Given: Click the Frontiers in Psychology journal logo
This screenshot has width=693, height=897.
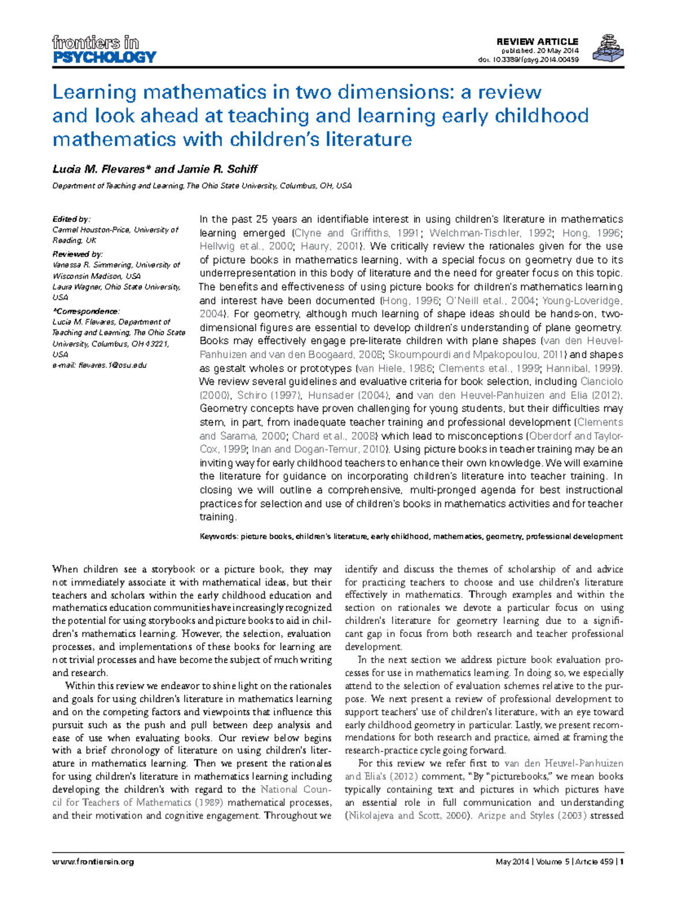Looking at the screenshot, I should [104, 50].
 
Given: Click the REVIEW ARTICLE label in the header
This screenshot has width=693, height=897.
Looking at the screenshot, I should [537, 42].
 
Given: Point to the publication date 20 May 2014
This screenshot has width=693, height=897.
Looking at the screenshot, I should [554, 51].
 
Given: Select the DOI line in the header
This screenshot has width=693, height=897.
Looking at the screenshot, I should [528, 59].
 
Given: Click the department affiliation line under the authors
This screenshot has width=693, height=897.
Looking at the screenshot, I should [202, 186].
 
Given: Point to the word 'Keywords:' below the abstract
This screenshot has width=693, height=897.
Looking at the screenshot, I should [218, 537].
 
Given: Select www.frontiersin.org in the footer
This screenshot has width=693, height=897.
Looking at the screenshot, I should [93, 862].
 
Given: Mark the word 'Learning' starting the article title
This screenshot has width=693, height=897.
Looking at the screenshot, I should [94, 92].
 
